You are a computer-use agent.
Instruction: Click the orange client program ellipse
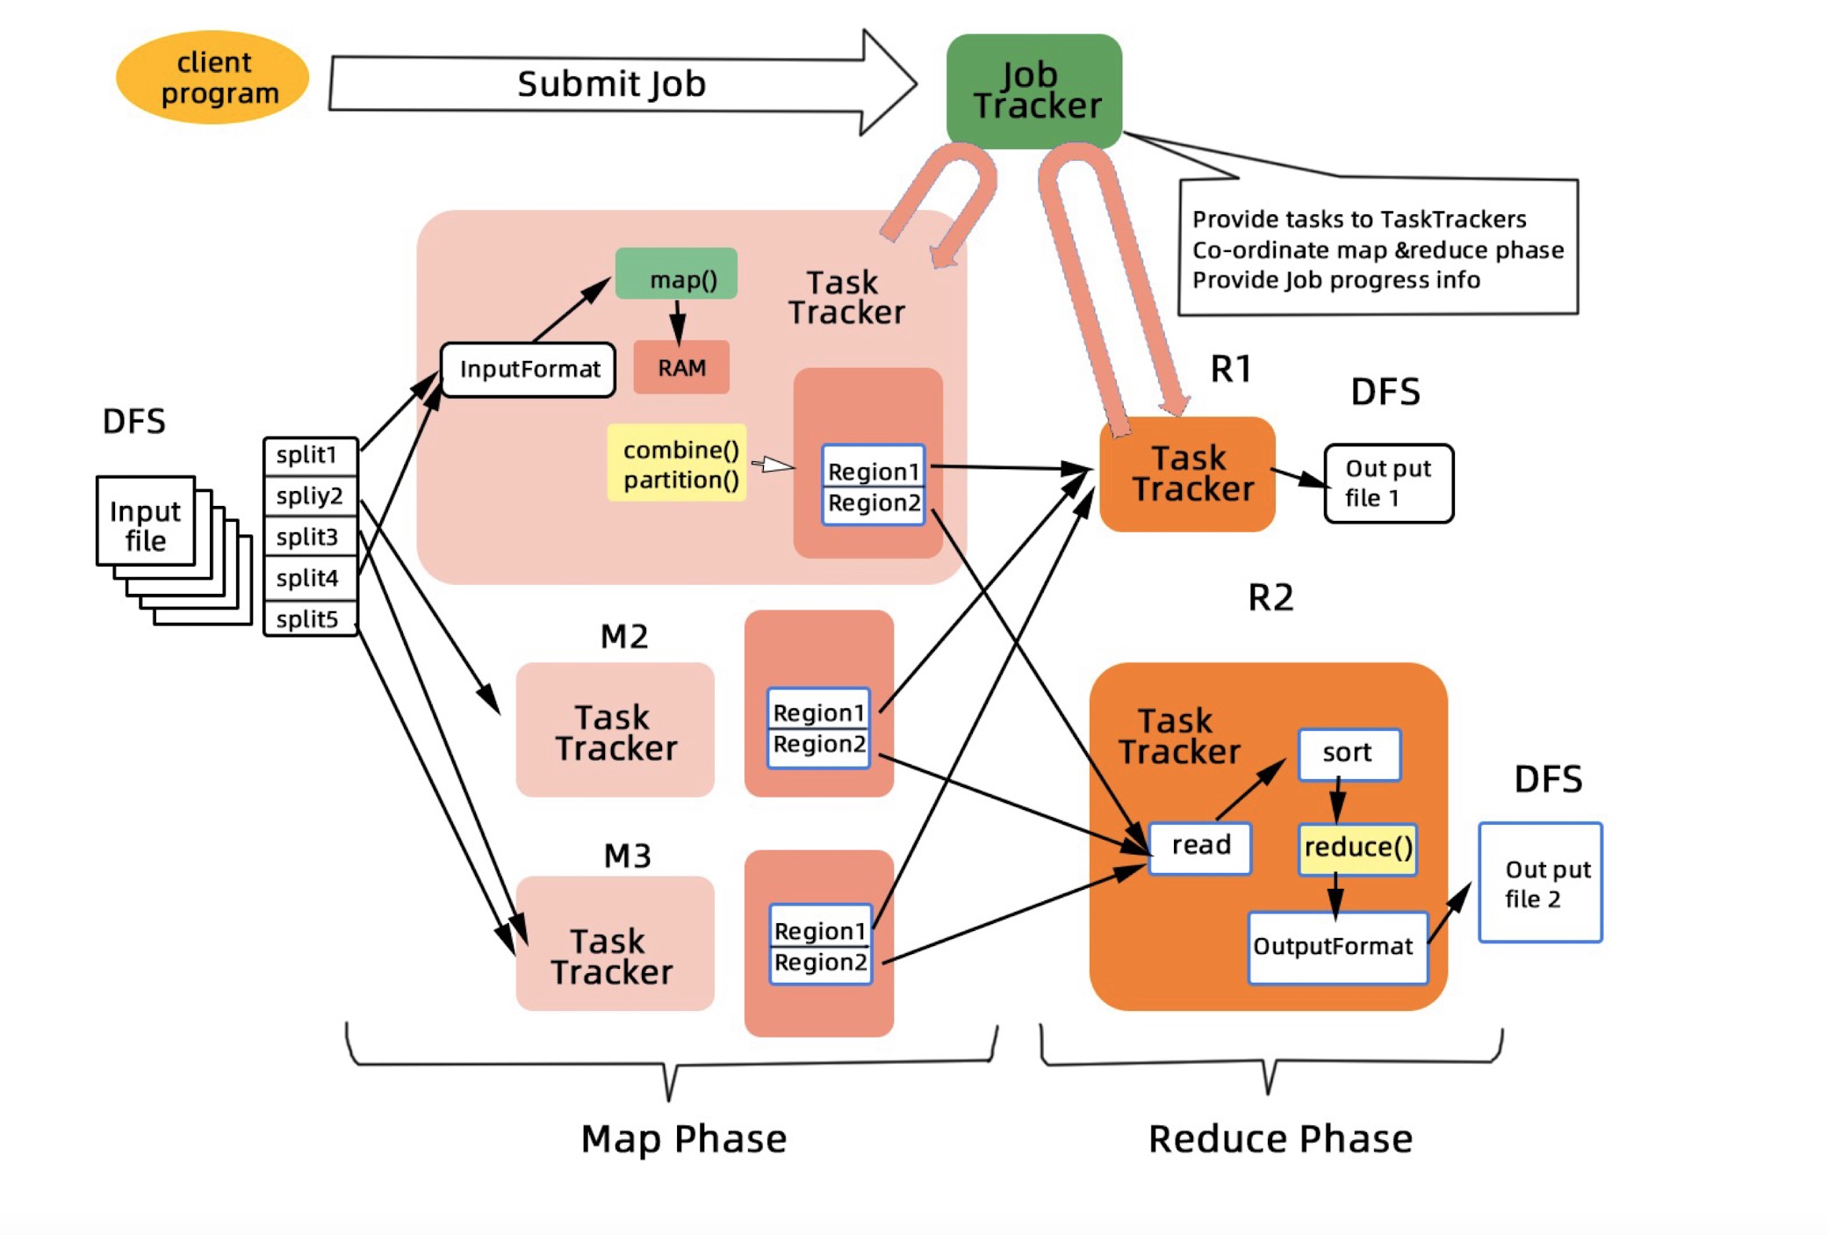click(212, 77)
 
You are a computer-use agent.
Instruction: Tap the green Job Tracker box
click(1034, 90)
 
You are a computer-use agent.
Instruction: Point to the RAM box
click(681, 367)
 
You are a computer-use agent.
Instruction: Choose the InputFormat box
click(529, 369)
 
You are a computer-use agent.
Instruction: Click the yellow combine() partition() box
click(678, 464)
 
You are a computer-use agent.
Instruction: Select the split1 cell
click(310, 456)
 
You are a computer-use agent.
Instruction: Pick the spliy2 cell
click(310, 496)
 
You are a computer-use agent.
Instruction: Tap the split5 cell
click(310, 618)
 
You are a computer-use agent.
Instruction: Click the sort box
click(1349, 753)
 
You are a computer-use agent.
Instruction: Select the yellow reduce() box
click(1357, 848)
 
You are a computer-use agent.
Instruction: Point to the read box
click(1200, 846)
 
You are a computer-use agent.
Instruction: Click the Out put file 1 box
click(1388, 483)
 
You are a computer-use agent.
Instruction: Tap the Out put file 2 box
click(1540, 883)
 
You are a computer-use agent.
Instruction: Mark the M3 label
click(627, 856)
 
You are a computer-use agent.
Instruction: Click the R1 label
click(1230, 369)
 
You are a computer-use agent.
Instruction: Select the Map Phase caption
click(683, 1138)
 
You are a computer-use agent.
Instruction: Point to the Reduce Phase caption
click(1280, 1138)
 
